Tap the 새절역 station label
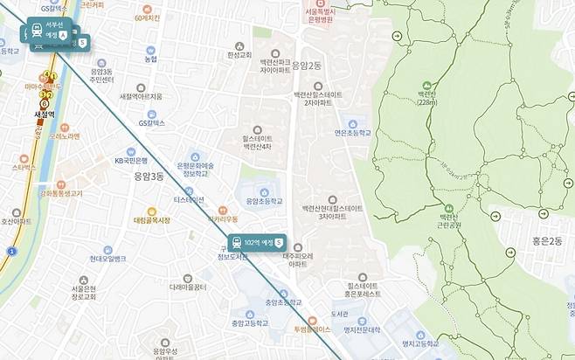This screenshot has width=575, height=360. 44,114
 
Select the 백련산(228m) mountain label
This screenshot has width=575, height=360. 426,97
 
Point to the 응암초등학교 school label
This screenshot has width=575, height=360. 264,201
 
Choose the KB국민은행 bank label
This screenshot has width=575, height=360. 131,161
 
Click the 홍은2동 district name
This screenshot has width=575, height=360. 546,240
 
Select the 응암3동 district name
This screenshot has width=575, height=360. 149,177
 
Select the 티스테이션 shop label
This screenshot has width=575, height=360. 188,199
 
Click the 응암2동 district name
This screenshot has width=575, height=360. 307,65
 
